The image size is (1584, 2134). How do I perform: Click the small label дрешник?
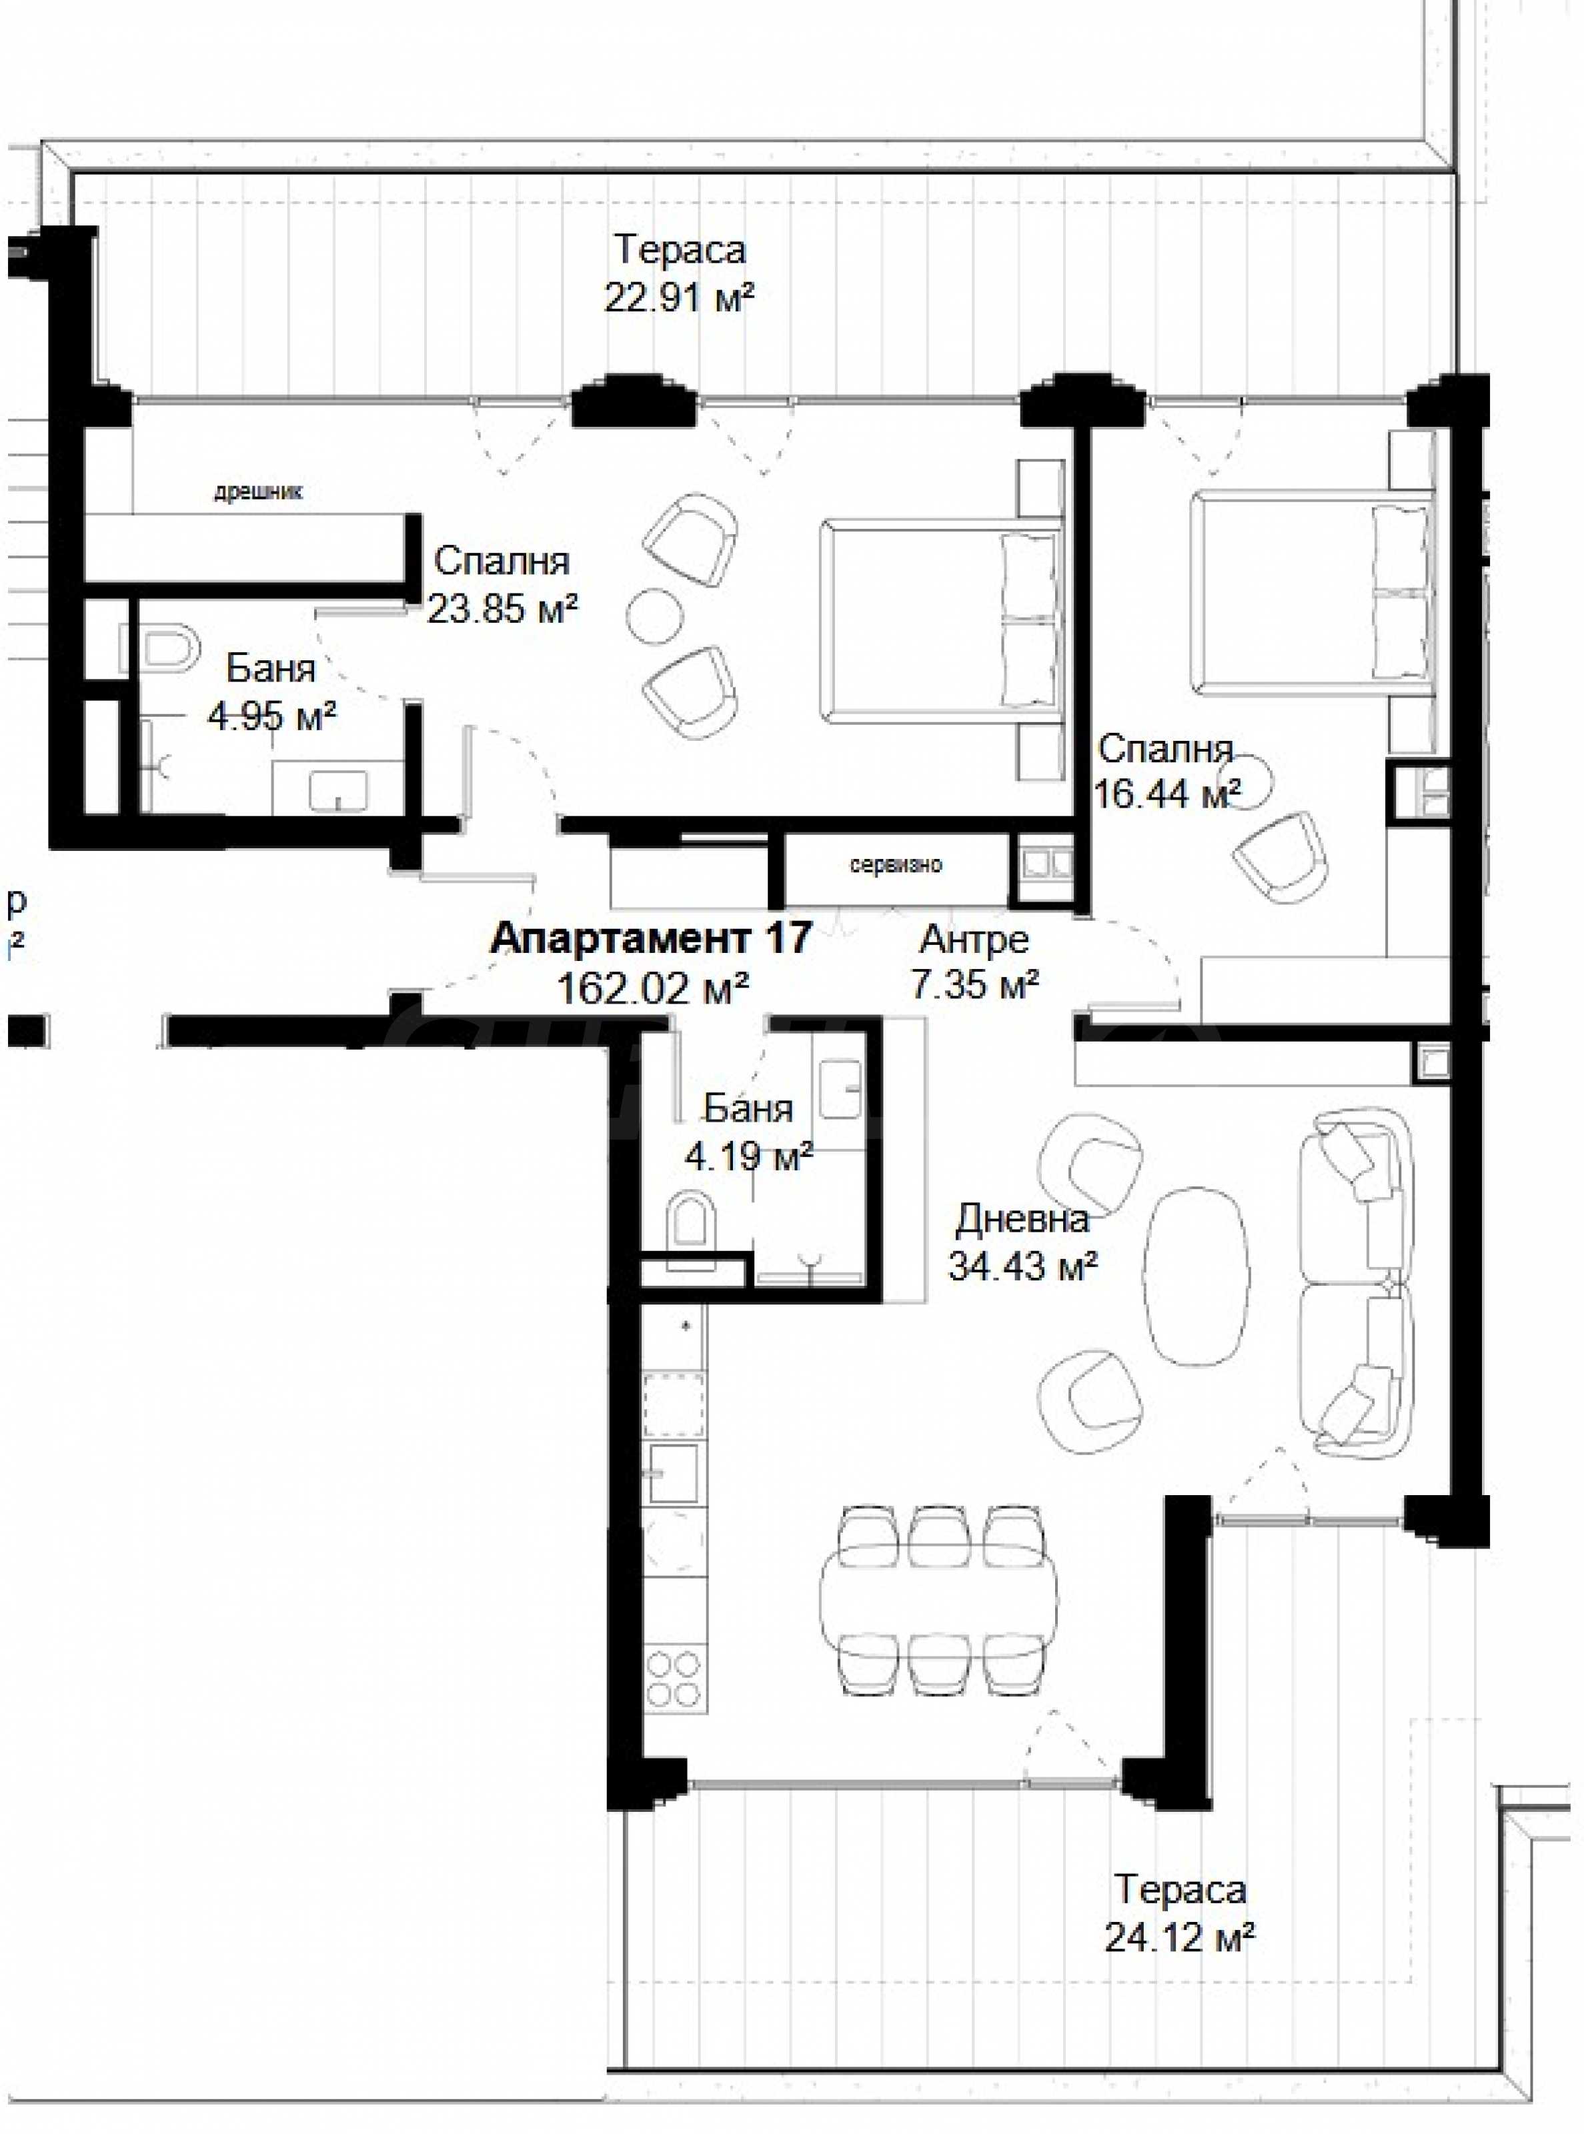click(258, 493)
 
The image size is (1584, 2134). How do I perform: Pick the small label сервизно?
click(896, 866)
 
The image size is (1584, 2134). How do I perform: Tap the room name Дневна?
click(1023, 1220)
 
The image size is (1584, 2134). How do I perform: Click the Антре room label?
click(974, 940)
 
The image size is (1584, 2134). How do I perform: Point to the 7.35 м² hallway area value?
click(975, 986)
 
